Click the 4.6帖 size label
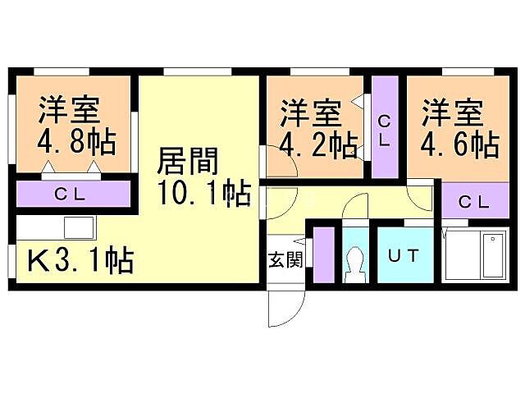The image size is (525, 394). (459, 144)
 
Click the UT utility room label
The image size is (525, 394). (403, 255)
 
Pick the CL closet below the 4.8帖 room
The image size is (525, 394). (71, 195)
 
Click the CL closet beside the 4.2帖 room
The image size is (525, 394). (385, 129)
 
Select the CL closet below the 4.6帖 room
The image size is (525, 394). (473, 200)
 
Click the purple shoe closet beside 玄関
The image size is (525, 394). (323, 254)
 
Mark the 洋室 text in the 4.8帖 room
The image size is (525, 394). (69, 108)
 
